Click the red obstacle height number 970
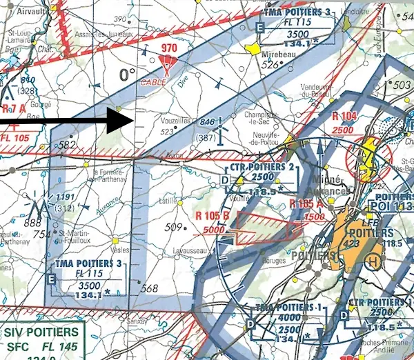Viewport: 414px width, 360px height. [169, 48]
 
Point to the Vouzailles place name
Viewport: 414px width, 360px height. [176, 119]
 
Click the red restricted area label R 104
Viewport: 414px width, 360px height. [343, 117]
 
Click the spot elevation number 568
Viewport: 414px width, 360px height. [149, 288]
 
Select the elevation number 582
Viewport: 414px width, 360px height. [67, 145]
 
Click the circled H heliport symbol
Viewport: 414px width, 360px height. [373, 261]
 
